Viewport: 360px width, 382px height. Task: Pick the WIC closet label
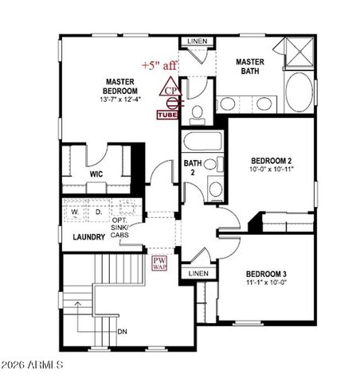95,173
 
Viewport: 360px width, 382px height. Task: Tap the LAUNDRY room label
89,237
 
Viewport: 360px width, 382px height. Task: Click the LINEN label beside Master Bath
196,41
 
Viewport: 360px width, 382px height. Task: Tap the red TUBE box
167,115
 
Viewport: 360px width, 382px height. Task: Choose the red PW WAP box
159,263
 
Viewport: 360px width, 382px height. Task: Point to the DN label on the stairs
122,331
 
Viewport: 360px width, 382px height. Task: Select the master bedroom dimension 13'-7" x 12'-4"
123,100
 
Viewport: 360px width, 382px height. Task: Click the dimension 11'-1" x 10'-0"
266,283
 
